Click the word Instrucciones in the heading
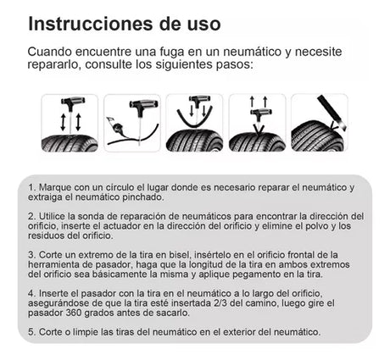[91, 24]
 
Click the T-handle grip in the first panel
[73, 101]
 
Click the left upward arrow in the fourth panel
[252, 102]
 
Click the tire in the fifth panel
[317, 136]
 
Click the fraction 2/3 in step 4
[220, 303]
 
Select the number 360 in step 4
[74, 313]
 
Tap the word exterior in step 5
[239, 332]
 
